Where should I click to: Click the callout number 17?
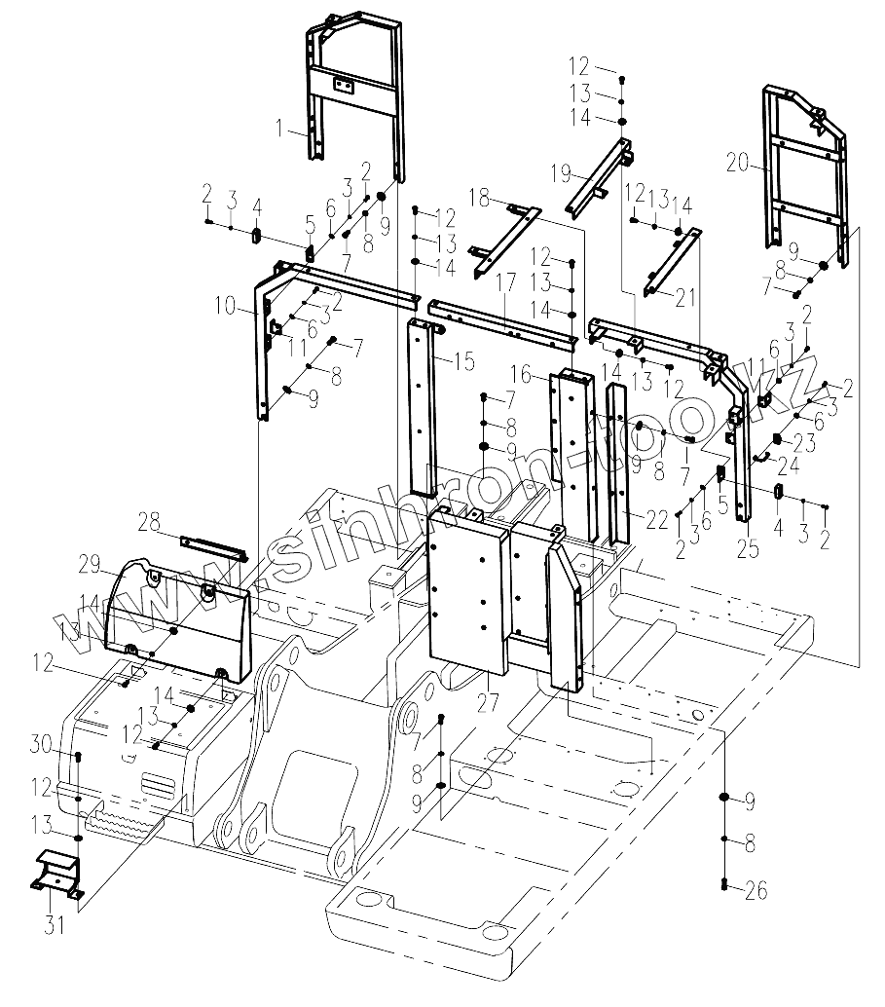coord(505,283)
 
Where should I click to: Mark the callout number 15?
coord(463,362)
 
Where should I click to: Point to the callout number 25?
coord(748,549)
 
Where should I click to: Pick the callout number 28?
coord(149,524)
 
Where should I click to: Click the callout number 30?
coord(41,745)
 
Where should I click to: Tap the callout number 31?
coord(55,924)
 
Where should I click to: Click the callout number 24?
coord(787,465)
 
